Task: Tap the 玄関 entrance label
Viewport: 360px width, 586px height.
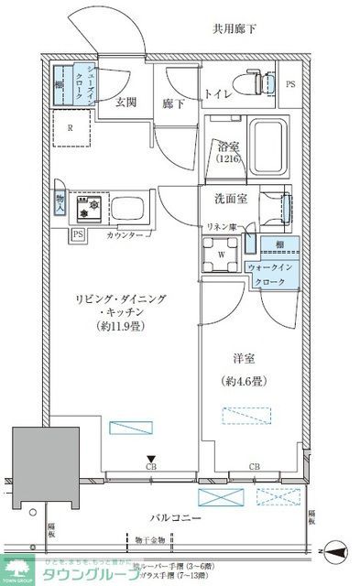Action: point(126,103)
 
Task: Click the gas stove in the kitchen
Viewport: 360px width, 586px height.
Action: point(89,207)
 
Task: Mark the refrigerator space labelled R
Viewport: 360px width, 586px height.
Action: point(71,128)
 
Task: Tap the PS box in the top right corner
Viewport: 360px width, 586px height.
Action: point(291,85)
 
